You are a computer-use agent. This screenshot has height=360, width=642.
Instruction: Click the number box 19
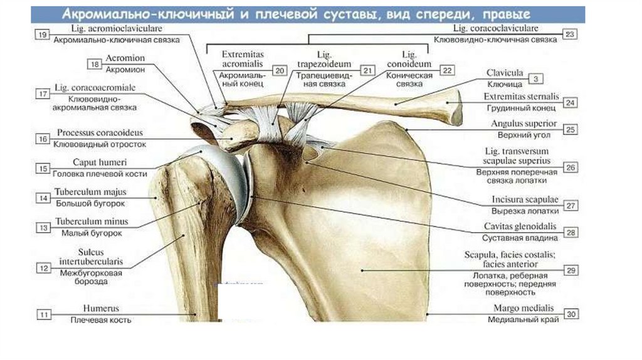coord(43,35)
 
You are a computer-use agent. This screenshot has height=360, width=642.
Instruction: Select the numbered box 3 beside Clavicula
coord(537,78)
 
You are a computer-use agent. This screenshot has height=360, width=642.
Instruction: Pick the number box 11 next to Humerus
coord(43,314)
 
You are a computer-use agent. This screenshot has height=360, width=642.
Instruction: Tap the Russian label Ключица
coord(505,83)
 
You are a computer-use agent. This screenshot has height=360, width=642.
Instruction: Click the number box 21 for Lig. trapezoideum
coord(367,70)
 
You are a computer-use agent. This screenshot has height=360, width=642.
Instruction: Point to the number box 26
coord(570,167)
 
